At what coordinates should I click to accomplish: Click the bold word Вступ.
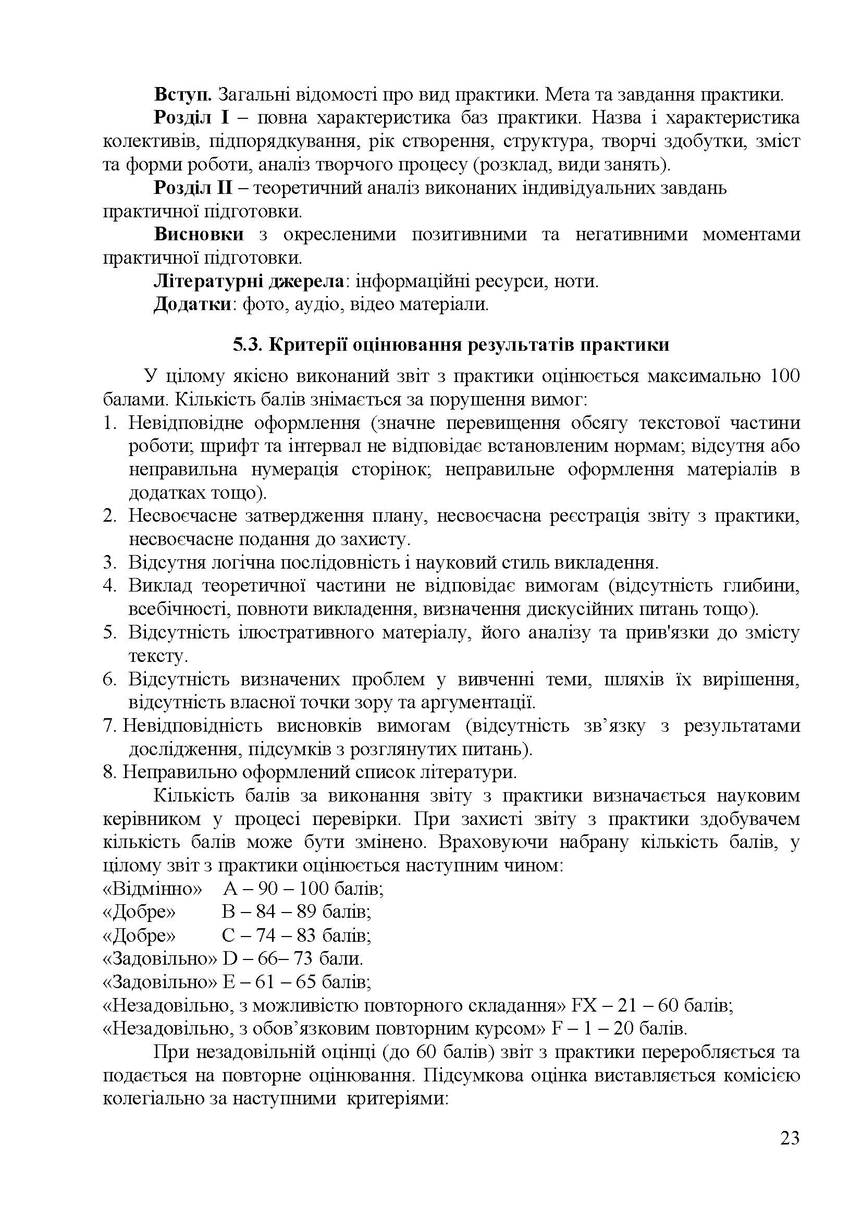click(x=183, y=95)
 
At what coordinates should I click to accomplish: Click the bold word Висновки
click(x=199, y=235)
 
